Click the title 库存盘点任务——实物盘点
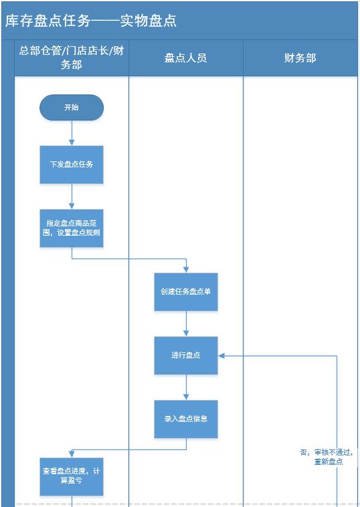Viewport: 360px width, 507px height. coord(91,21)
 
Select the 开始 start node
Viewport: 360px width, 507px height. coord(72,107)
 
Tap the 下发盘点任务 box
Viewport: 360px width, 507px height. coord(72,164)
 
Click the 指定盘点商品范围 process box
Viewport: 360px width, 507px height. coord(72,228)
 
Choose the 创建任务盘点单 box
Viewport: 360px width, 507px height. coord(186,291)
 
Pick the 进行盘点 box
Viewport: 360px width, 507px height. coord(186,355)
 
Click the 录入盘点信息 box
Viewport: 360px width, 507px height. coord(186,419)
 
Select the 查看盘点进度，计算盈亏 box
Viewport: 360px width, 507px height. coord(72,476)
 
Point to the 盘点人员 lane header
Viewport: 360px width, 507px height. coord(186,58)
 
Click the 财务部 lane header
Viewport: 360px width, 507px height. coord(300,58)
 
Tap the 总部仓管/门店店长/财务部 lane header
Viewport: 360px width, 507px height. coord(71,58)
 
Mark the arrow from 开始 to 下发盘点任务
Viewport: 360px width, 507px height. coord(72,133)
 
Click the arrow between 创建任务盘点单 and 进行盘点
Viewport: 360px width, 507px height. coord(186,323)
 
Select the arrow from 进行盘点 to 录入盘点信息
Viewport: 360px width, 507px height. coord(186,387)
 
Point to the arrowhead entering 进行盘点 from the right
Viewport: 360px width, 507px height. coord(223,356)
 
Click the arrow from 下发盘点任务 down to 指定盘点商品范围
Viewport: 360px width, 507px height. coord(72,196)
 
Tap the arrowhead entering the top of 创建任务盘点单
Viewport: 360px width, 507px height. coord(186,269)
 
